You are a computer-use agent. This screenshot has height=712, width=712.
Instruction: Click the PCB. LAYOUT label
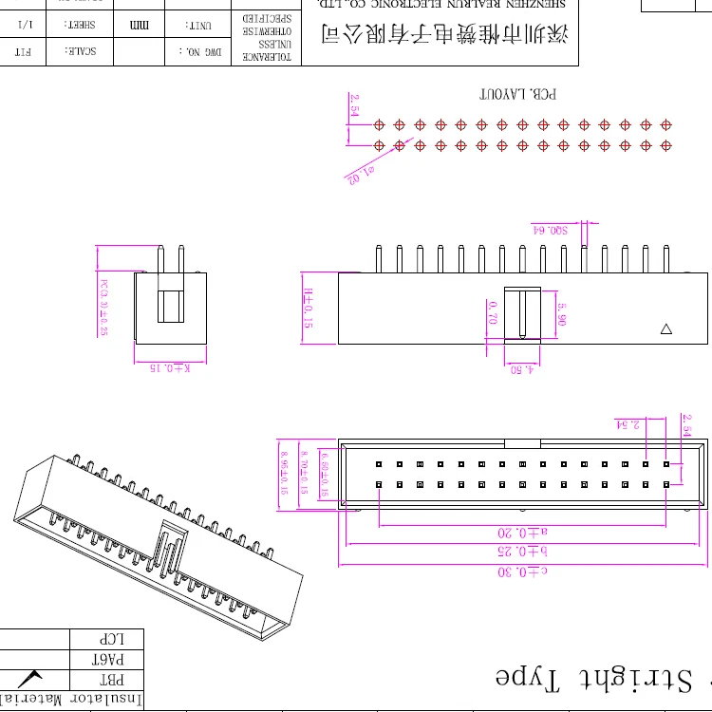(x=517, y=95)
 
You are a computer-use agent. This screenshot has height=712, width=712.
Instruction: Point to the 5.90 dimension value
(x=561, y=314)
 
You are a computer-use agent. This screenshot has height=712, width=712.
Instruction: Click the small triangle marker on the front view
(x=665, y=329)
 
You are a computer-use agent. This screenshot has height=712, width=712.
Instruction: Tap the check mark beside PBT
(x=34, y=679)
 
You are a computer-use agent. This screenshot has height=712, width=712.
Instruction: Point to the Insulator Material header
(x=71, y=701)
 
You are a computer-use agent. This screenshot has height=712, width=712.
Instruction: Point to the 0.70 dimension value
(x=492, y=312)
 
